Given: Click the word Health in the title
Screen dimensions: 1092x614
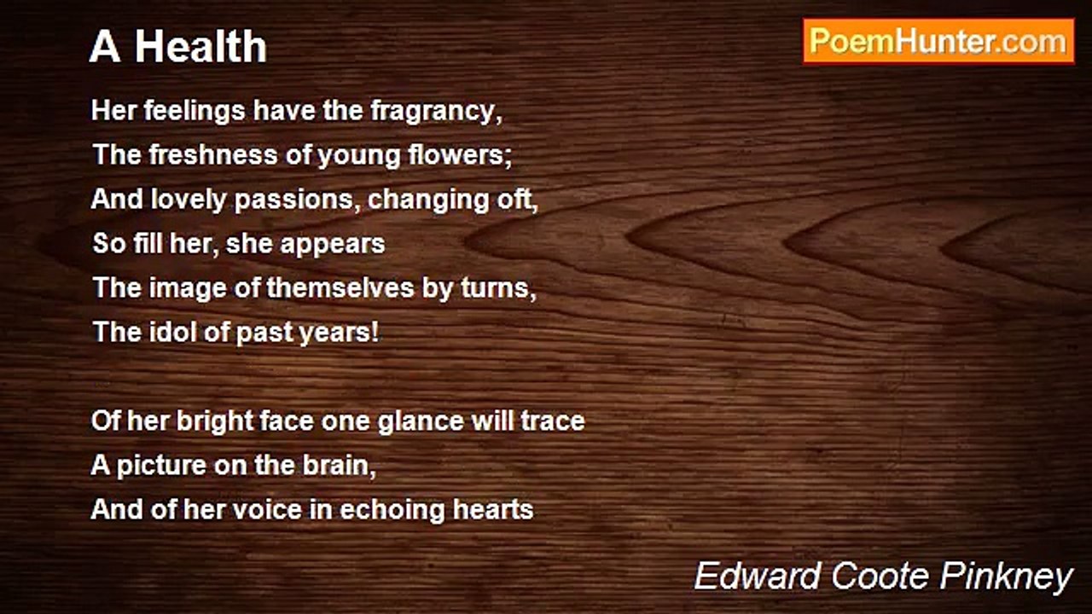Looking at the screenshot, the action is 200,47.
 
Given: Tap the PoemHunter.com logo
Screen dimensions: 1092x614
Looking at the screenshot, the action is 938,42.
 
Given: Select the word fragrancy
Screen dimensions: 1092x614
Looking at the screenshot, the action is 436,111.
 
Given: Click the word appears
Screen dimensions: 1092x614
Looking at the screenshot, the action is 333,245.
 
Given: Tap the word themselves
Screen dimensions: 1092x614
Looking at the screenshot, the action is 340,287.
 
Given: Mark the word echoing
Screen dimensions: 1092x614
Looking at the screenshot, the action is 392,510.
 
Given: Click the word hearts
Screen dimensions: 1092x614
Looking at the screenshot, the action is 493,510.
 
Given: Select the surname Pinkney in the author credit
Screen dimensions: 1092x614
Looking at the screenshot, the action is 1006,578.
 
